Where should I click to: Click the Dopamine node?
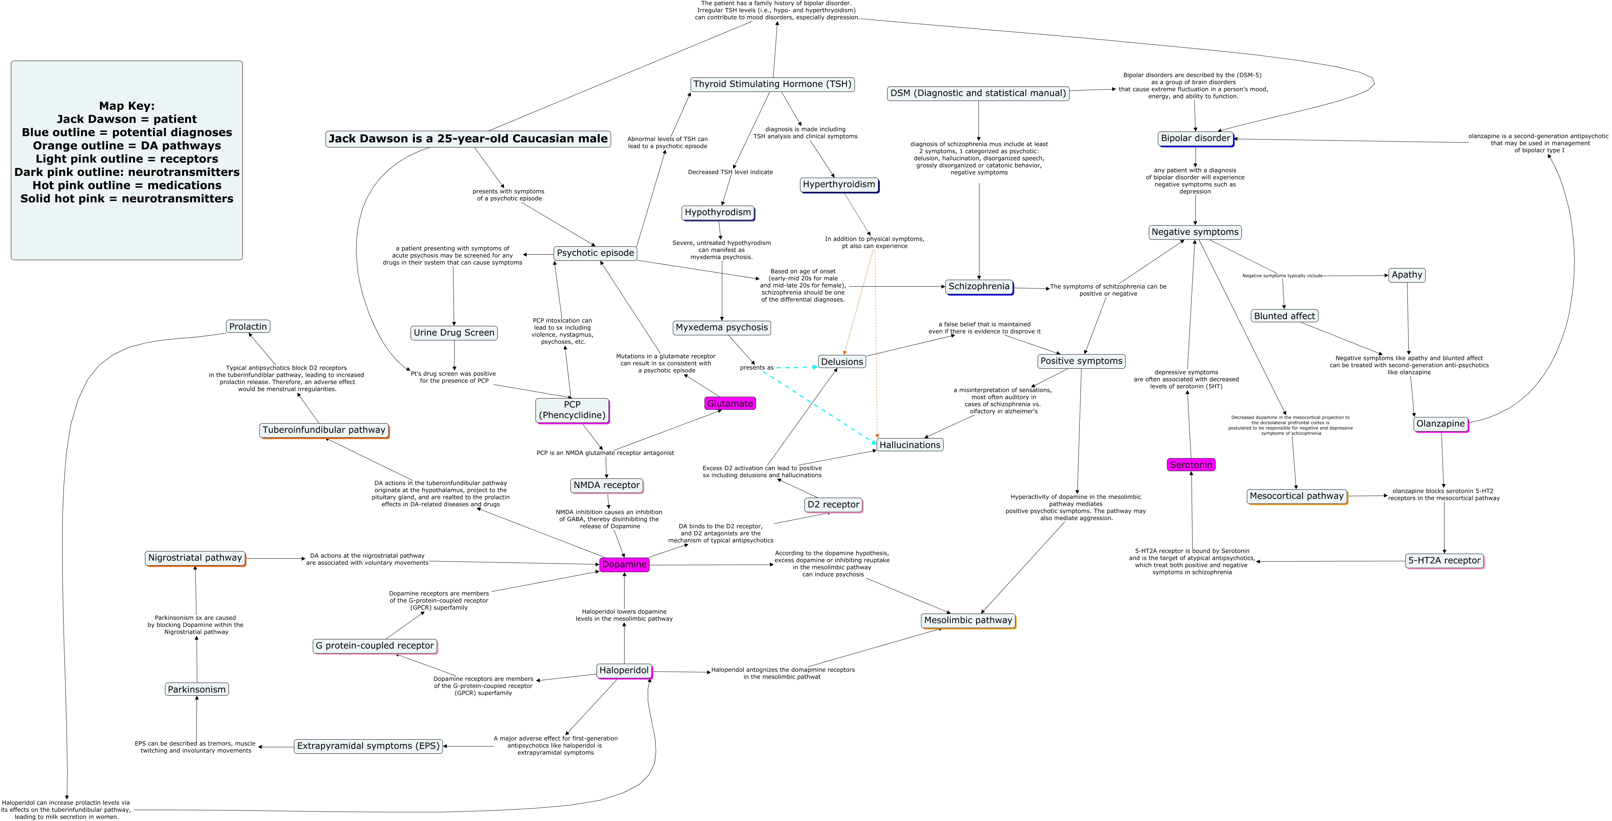pyautogui.click(x=624, y=565)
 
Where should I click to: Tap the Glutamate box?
pyautogui.click(x=730, y=404)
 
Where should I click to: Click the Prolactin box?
pyautogui.click(x=248, y=327)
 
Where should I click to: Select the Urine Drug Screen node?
pyautogui.click(x=454, y=333)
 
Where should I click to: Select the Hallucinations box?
pyautogui.click(x=910, y=445)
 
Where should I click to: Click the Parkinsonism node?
pyautogui.click(x=197, y=689)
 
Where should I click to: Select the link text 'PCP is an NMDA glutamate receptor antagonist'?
pyautogui.click(x=605, y=453)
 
